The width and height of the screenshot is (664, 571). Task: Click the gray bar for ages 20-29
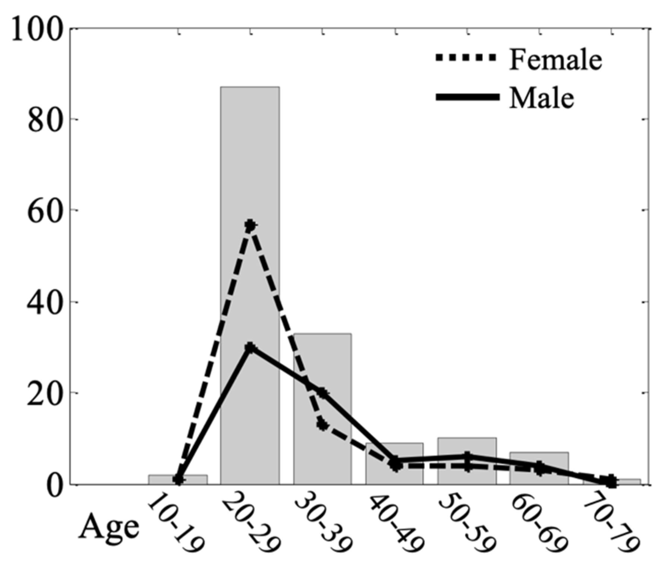pyautogui.click(x=250, y=157)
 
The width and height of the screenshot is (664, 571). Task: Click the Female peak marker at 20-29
pyautogui.click(x=250, y=225)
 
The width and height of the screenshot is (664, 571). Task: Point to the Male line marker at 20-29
pyautogui.click(x=250, y=348)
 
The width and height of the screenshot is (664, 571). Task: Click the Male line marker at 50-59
pyautogui.click(x=467, y=456)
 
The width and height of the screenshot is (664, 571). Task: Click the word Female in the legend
pyautogui.click(x=555, y=59)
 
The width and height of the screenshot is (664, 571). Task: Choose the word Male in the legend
pyautogui.click(x=541, y=98)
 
